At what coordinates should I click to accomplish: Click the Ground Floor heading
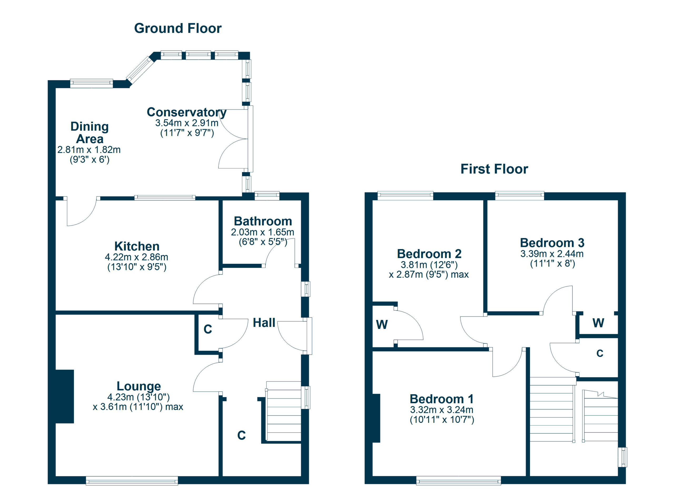[178, 28]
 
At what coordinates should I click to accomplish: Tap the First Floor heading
[494, 169]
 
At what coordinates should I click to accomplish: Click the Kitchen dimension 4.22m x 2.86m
[136, 257]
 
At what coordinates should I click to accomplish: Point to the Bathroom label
[263, 221]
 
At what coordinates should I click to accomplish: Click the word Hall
[264, 323]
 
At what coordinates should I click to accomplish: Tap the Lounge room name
[138, 386]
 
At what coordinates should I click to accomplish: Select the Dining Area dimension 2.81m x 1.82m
[89, 150]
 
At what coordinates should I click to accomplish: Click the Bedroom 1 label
[442, 399]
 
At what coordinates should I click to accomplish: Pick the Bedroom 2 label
[429, 254]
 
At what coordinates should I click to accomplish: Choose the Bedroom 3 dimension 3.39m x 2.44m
[552, 254]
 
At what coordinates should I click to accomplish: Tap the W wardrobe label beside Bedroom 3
[598, 323]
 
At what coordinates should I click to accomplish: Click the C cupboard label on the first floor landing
[600, 353]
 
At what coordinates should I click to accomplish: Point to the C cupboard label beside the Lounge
[208, 329]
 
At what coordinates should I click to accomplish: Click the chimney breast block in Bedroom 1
[376, 418]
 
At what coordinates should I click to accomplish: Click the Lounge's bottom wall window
[132, 481]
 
